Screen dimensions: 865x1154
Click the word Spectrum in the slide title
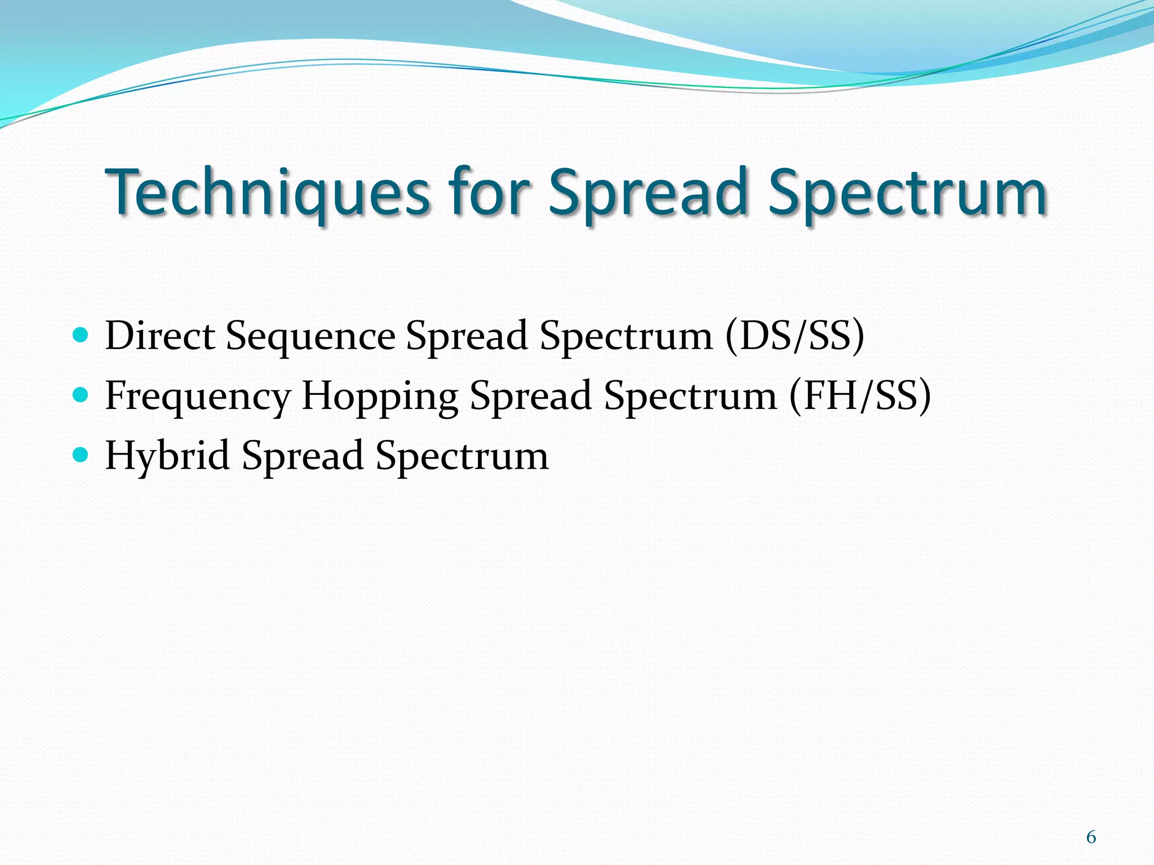[907, 193]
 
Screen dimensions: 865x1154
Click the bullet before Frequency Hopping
[81, 396]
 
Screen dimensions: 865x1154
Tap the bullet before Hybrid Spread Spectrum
[81, 456]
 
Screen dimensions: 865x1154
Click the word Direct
[160, 336]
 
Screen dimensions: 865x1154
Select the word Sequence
[310, 336]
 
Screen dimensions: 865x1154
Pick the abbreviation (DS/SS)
[795, 336]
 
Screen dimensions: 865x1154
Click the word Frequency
[198, 396]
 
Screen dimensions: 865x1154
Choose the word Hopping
[380, 396]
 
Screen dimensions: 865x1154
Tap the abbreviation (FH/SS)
[860, 396]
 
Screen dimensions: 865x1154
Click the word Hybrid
[167, 456]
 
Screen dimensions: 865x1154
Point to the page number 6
[1091, 837]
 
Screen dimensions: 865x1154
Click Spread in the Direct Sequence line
[467, 336]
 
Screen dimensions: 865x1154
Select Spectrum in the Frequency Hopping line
[690, 396]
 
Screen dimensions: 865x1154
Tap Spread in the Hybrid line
[303, 456]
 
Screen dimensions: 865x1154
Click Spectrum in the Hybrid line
[462, 456]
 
